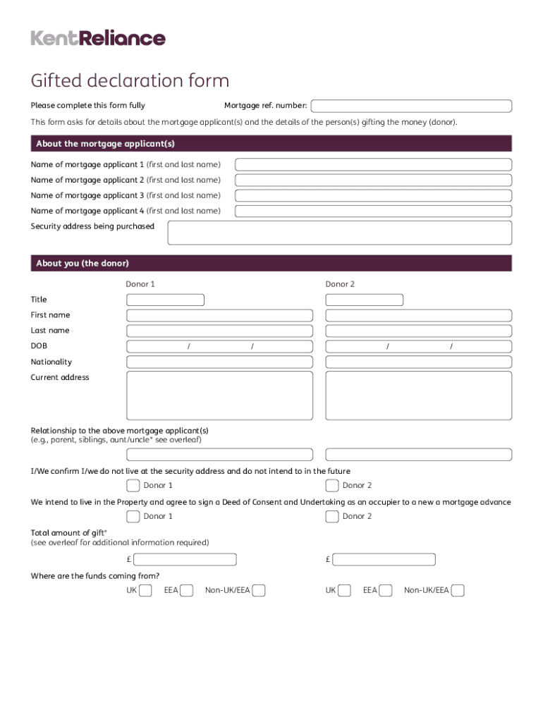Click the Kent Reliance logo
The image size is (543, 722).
click(97, 38)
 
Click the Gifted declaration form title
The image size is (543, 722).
click(129, 80)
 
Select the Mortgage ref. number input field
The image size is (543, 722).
click(411, 106)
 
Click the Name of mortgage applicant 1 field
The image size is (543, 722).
click(373, 164)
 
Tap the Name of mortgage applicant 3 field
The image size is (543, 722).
click(373, 195)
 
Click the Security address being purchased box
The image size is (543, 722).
click(339, 233)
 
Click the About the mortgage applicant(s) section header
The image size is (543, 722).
click(271, 144)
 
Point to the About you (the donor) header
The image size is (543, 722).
click(271, 263)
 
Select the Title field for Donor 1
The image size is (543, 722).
click(165, 300)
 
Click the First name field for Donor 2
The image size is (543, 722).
click(418, 315)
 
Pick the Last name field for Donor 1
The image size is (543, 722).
click(219, 331)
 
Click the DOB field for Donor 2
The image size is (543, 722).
click(418, 346)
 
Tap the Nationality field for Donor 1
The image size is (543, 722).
click(219, 362)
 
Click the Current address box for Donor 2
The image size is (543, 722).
click(418, 396)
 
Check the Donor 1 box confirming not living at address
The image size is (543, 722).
click(133, 485)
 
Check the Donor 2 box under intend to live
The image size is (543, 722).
click(331, 516)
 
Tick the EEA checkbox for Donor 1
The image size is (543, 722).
click(186, 591)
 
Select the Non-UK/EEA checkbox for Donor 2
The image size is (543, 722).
click(458, 591)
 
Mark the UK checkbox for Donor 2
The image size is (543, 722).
click(344, 591)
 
